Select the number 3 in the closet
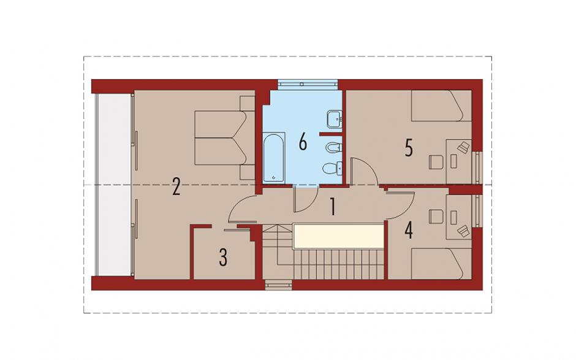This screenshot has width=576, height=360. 223,257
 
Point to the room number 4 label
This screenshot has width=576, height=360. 409,230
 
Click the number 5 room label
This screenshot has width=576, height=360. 409,148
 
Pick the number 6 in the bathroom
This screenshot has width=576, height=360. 303,142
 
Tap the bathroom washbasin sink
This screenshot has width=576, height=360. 335,119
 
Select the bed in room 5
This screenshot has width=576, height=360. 441,105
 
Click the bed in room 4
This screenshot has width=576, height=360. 441,264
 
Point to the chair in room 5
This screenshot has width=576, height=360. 435,162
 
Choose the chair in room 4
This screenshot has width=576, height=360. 435,216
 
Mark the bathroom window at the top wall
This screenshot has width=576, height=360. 308,84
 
